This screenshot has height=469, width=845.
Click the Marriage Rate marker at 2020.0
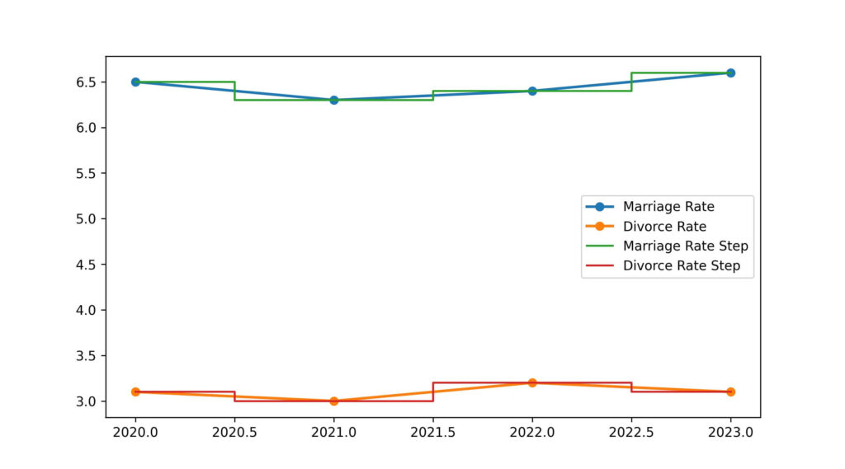pyautogui.click(x=135, y=82)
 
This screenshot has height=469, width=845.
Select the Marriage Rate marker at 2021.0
pyautogui.click(x=333, y=100)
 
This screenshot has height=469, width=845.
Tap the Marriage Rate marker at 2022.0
pyautogui.click(x=532, y=91)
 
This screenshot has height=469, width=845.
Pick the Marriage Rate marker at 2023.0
pyautogui.click(x=730, y=73)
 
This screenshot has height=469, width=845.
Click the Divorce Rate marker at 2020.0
pyautogui.click(x=135, y=392)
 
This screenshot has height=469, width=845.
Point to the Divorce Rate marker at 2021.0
pyautogui.click(x=333, y=401)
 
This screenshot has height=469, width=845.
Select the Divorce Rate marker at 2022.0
pyautogui.click(x=532, y=382)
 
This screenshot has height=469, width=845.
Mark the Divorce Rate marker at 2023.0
pyautogui.click(x=730, y=392)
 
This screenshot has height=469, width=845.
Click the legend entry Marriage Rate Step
pyautogui.click(x=685, y=246)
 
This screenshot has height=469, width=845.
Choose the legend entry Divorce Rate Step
pyautogui.click(x=681, y=265)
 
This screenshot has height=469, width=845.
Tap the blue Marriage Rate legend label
pyautogui.click(x=668, y=206)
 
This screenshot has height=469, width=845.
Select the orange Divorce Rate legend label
pyautogui.click(x=664, y=226)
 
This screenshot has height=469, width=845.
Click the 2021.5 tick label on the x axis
pyautogui.click(x=433, y=431)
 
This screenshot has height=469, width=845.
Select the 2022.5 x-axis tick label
pyautogui.click(x=631, y=431)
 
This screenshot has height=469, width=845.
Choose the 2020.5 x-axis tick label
pyautogui.click(x=234, y=431)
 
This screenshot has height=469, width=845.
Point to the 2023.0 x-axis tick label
pyautogui.click(x=730, y=431)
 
